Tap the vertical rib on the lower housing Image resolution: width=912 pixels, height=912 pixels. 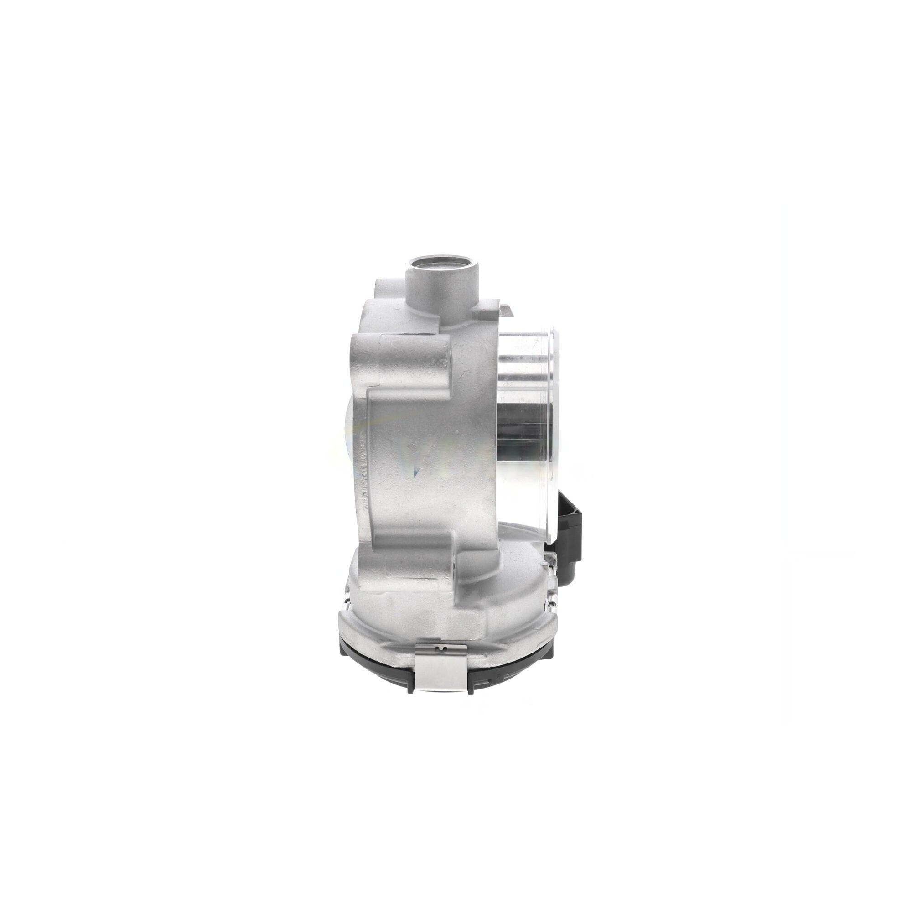(x=456, y=586)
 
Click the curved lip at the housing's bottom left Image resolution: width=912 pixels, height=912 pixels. (x=347, y=618)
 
